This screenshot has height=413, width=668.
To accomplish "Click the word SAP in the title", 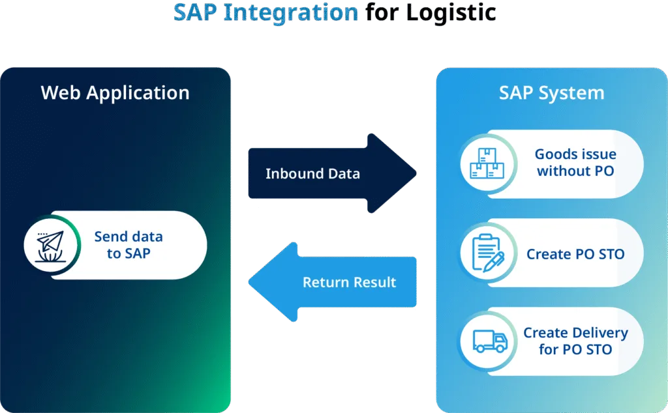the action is click(x=196, y=12).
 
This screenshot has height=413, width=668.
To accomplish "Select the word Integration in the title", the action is click(x=291, y=14).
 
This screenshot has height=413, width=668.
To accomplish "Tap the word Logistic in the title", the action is click(x=451, y=14).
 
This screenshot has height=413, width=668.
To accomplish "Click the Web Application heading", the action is click(x=115, y=93).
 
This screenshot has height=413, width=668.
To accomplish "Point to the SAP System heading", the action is click(x=552, y=93).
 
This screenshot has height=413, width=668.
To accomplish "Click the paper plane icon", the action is click(x=50, y=246).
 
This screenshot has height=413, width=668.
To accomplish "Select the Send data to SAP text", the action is click(x=129, y=245).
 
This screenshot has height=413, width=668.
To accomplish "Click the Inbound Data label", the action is click(x=312, y=173).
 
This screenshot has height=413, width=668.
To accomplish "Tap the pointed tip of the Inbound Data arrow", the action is click(x=416, y=173).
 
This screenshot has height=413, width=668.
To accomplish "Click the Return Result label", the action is click(x=350, y=282).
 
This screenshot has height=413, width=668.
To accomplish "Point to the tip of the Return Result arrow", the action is click(x=249, y=282).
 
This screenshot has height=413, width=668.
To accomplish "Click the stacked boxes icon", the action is click(x=487, y=163).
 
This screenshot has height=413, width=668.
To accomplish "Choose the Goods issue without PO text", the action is click(x=575, y=162).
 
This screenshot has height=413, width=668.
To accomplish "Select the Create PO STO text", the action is click(x=575, y=254).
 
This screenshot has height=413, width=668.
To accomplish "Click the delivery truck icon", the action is click(x=491, y=341).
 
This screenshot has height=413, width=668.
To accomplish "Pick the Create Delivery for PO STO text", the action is click(x=575, y=341).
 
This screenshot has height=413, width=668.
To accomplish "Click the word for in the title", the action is click(x=382, y=12).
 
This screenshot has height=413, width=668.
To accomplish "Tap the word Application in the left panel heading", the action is click(x=138, y=93).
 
